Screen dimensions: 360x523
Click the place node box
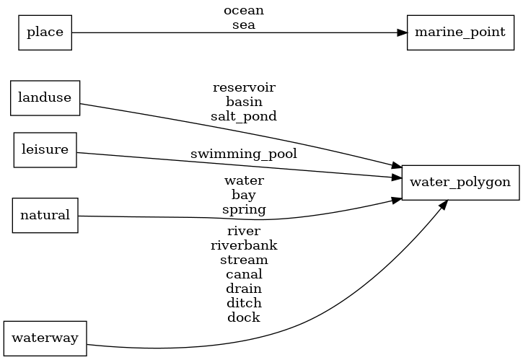45,32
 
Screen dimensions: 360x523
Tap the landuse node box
45,98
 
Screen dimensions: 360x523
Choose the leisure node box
45,150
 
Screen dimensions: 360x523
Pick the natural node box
45,215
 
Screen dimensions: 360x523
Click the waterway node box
45,338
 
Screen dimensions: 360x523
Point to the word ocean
244,11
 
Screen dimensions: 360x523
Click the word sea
244,25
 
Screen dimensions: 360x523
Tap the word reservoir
244,87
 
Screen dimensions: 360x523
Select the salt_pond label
244,116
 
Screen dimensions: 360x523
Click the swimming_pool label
244,154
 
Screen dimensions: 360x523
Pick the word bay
244,195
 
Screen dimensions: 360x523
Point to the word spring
244,210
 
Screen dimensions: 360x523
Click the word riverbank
244,245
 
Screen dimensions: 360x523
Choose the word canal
244,274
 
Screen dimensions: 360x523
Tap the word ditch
244,303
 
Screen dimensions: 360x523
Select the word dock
244,317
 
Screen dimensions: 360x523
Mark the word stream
244,260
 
